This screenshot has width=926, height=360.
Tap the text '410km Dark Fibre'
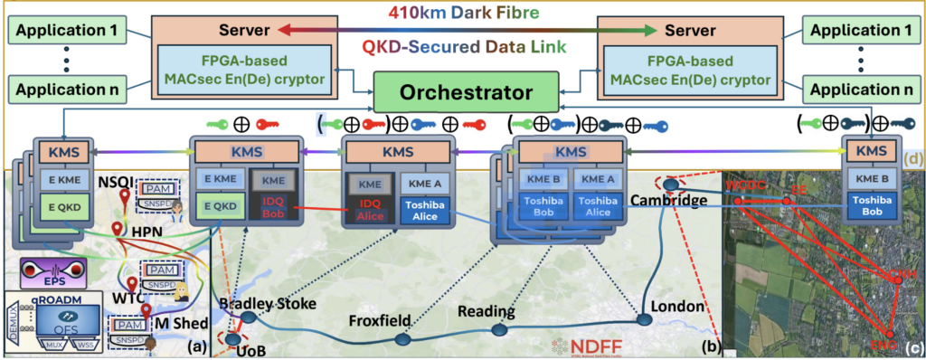[464, 13]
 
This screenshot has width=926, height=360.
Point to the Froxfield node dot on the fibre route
[402, 340]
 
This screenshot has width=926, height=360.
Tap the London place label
[674, 307]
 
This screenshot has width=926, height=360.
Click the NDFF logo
[586, 345]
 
